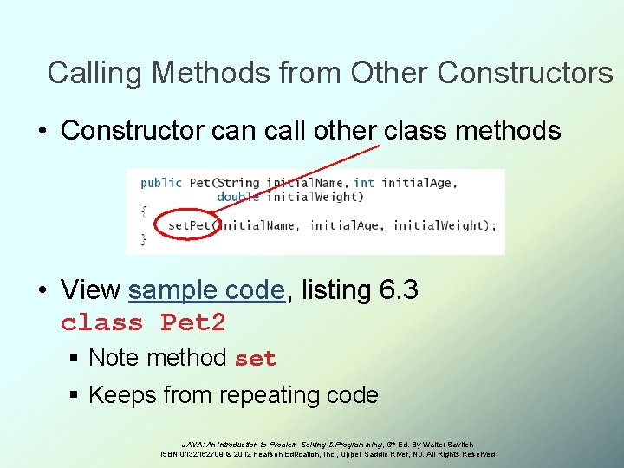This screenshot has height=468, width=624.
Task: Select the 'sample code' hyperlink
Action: click(206, 289)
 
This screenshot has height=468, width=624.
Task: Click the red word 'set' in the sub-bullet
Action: click(256, 359)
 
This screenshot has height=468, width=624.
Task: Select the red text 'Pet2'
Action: click(192, 323)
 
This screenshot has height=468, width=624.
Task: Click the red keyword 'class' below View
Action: click(101, 323)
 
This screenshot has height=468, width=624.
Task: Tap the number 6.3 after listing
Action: click(399, 289)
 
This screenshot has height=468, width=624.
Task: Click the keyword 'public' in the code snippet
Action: click(161, 183)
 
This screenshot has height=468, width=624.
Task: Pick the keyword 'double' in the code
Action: click(237, 197)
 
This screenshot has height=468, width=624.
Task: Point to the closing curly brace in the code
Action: click(143, 238)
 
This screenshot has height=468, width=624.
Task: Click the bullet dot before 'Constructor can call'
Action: click(42, 132)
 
